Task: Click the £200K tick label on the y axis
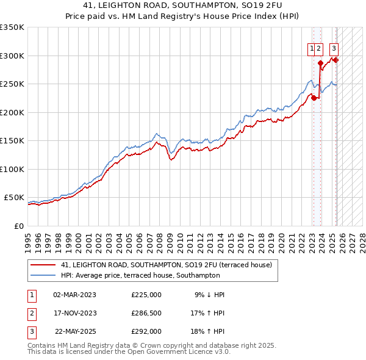[12, 112]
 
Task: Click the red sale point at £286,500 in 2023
[320, 62]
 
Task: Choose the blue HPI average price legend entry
[140, 276]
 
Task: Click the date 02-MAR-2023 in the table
[74, 295]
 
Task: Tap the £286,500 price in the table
[146, 313]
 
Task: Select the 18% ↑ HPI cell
[207, 331]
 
